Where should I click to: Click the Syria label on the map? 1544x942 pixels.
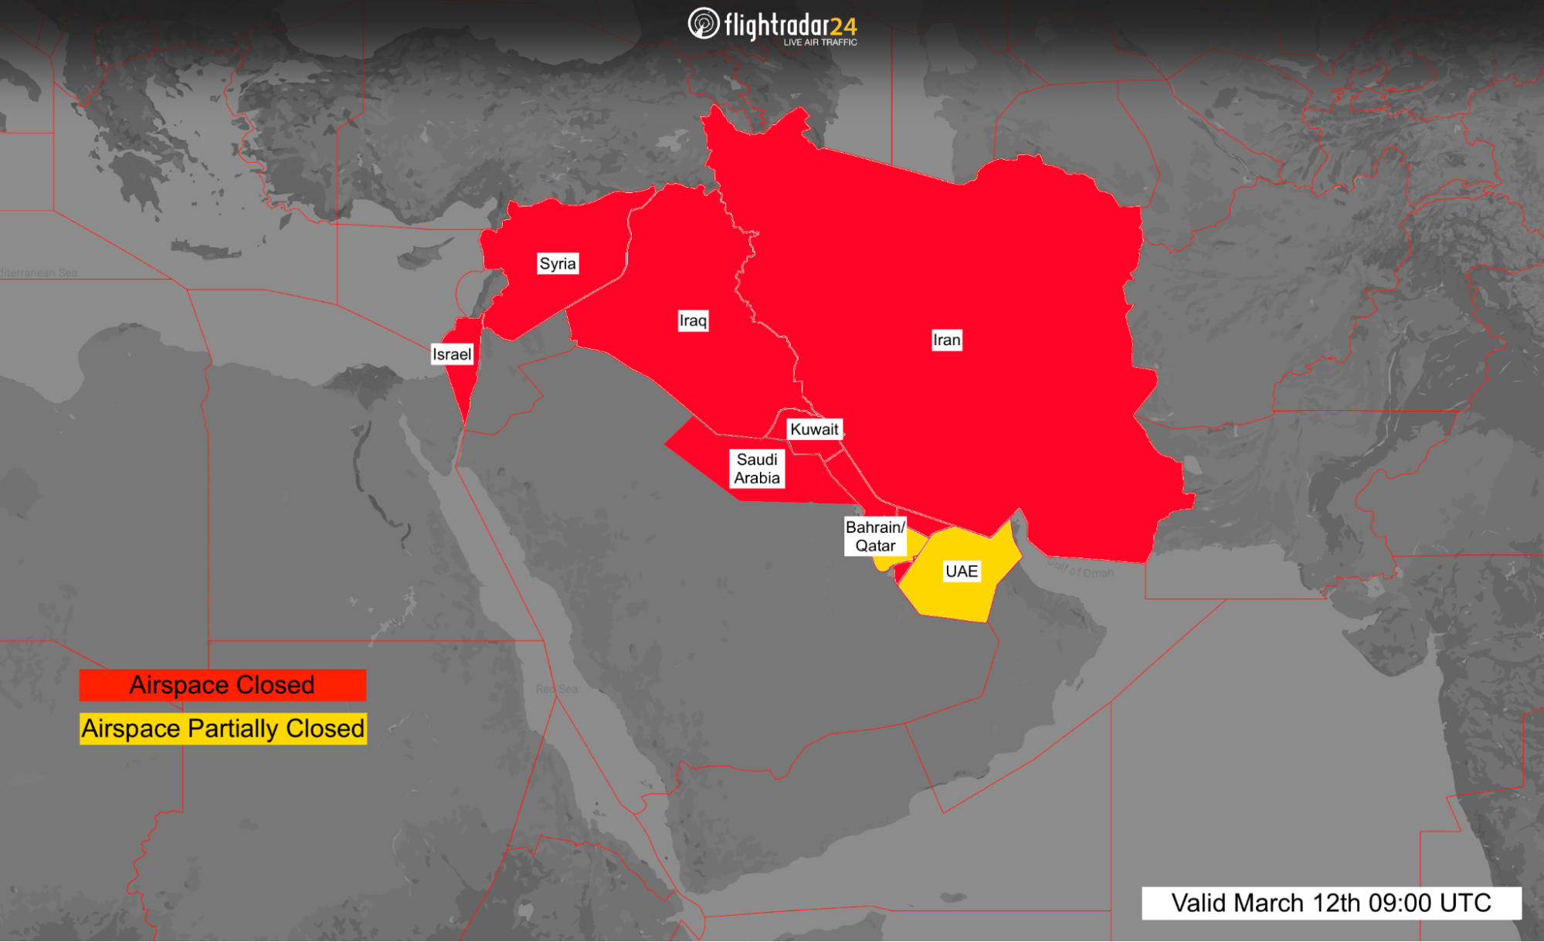pos(558,264)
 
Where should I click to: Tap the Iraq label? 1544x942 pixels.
pos(693,320)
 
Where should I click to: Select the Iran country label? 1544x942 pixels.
pos(946,340)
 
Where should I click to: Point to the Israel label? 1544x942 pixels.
pos(451,354)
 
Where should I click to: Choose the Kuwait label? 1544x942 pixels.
pos(814,429)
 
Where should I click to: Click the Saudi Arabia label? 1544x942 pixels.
pos(757,469)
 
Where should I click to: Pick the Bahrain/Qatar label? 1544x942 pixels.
pos(875,537)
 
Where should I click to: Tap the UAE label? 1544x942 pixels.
pos(962,571)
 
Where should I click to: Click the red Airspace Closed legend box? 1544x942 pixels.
pos(222,685)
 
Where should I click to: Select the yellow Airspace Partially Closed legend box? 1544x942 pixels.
pos(222,729)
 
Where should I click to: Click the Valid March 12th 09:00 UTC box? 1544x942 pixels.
pos(1331,903)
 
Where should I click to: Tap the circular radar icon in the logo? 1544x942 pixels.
pos(703,24)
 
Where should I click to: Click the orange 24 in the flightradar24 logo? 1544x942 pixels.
pos(843,27)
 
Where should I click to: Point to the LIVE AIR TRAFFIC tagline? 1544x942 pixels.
pos(820,42)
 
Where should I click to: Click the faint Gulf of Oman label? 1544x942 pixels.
pos(1081,570)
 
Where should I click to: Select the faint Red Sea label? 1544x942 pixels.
pos(557,689)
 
